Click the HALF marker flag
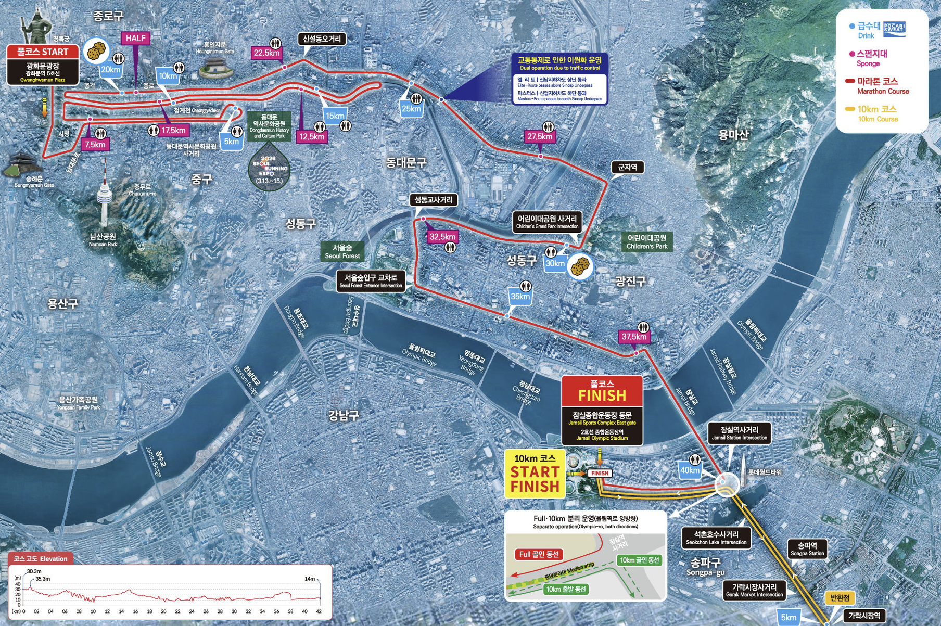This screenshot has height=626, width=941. click(135, 39)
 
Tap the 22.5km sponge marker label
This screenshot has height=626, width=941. click(266, 53)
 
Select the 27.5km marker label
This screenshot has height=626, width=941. click(540, 137)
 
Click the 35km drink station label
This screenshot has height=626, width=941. click(520, 297)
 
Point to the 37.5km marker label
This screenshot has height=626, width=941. click(634, 337)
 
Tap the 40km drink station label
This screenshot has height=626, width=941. click(690, 470)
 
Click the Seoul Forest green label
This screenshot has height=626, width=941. click(342, 252)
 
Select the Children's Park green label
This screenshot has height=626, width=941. click(647, 242)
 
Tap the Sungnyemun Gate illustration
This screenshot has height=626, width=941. click(24, 165)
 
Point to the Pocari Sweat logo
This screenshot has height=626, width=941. click(894, 29)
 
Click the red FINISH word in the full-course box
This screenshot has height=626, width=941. click(602, 395)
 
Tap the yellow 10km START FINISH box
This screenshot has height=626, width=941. click(535, 474)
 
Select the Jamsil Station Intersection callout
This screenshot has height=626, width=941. click(739, 433)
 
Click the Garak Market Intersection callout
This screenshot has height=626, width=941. click(754, 590)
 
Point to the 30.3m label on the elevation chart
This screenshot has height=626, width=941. click(34, 571)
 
